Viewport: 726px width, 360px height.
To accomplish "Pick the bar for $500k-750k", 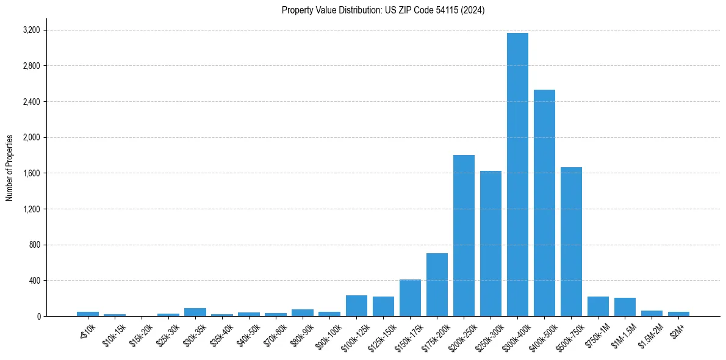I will coord(571,242).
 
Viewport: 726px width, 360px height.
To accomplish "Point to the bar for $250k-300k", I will coord(491,243).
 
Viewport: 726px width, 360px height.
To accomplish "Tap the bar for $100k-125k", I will coord(356,306).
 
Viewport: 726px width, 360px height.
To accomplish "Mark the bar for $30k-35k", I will coord(195,312).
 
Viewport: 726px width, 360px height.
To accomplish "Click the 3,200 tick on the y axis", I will coord(31,30).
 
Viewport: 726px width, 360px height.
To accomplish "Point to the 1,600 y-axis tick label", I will coord(31,173).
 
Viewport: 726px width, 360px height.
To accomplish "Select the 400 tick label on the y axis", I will coord(34,281).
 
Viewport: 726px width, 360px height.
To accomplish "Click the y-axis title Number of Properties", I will coord(9,168).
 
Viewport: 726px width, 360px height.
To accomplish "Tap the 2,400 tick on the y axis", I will coord(31,101).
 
